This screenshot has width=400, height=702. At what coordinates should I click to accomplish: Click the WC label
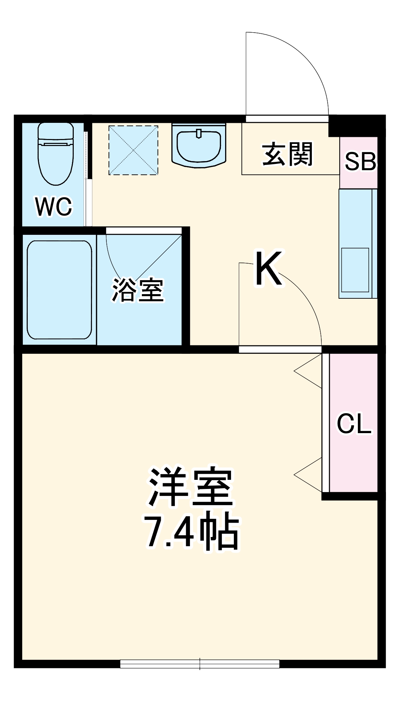click(54, 207)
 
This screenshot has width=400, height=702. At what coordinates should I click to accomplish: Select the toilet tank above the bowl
click(56, 132)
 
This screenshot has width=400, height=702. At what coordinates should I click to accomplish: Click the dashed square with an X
click(133, 150)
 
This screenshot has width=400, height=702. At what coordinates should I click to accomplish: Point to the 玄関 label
click(287, 154)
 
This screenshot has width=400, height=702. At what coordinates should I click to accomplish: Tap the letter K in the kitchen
click(269, 269)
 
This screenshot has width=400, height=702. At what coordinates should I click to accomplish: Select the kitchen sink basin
click(355, 270)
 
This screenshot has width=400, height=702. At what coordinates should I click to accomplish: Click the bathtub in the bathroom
click(59, 290)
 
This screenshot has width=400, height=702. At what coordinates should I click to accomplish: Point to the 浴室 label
click(138, 290)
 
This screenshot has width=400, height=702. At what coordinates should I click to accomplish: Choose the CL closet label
click(354, 424)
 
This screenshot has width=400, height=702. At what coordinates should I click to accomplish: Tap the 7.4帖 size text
click(192, 531)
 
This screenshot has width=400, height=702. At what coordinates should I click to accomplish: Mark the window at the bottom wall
click(199, 664)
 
